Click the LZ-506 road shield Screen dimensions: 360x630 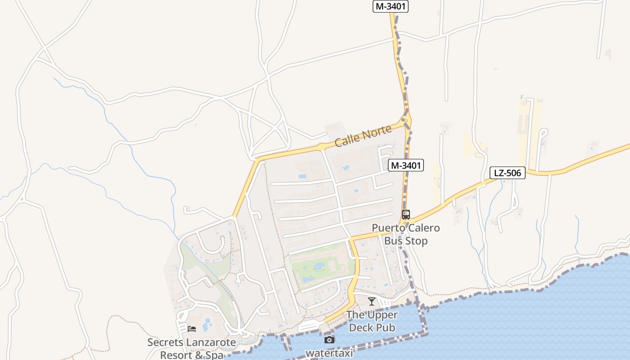508,173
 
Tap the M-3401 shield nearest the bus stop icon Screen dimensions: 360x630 406,166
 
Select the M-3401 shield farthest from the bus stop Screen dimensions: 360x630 391,6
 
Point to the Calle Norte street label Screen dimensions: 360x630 363,136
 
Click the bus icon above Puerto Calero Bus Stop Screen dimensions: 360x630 406,215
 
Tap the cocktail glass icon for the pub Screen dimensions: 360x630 371,301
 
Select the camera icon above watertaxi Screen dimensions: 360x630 329,340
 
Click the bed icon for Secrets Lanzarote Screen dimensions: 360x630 192,329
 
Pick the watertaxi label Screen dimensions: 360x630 329,353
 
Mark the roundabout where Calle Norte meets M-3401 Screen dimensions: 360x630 406,120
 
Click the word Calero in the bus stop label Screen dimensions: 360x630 423,228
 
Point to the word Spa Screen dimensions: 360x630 213,355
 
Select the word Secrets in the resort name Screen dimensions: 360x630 164,342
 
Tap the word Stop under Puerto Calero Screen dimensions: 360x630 417,241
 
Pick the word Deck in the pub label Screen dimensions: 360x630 363,328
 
